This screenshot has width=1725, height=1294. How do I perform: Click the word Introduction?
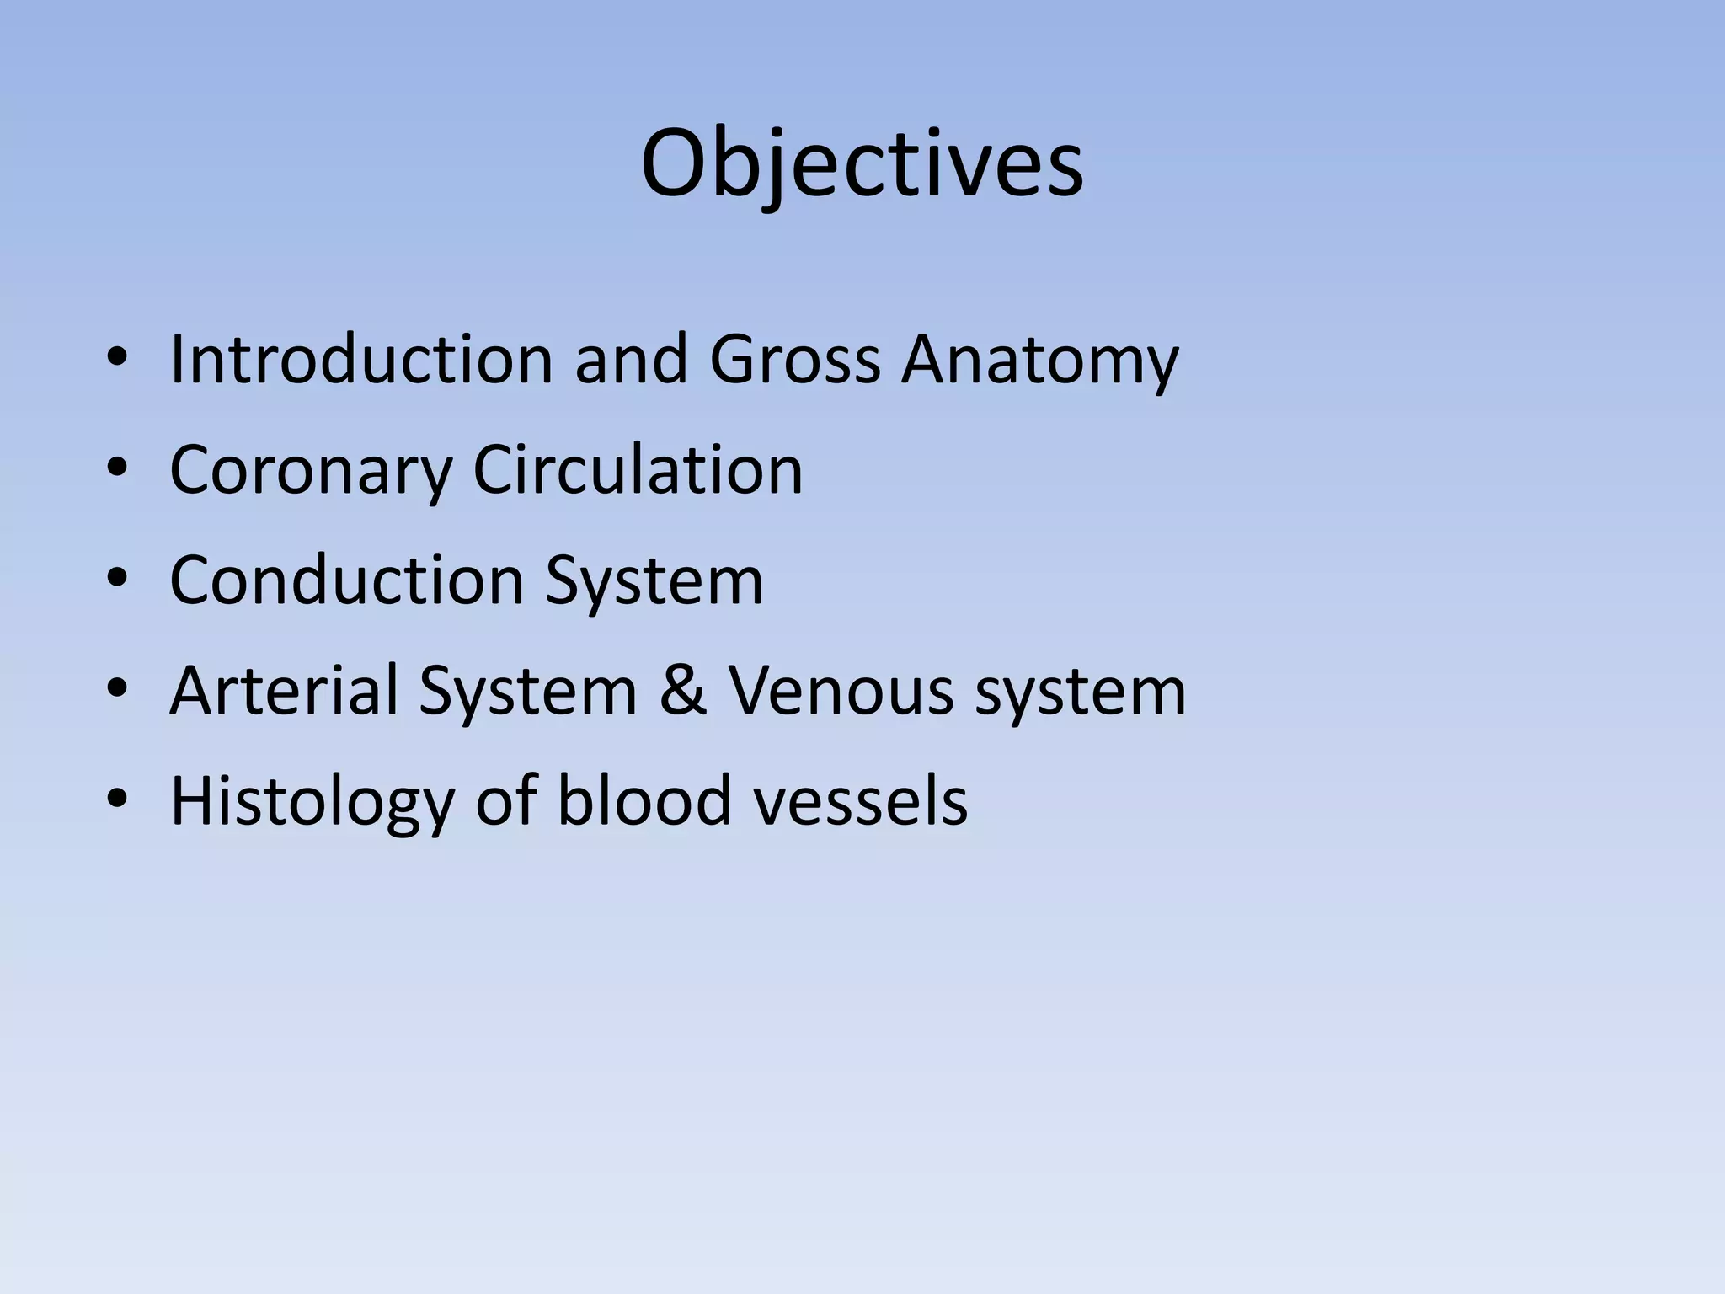tap(361, 360)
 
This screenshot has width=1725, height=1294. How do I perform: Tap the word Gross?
tap(794, 360)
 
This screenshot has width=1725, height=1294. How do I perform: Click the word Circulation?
tap(638, 469)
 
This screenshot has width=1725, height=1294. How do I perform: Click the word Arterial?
tap(285, 690)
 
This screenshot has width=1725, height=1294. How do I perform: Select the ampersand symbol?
tap(682, 691)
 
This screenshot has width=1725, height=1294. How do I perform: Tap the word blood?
tap(644, 800)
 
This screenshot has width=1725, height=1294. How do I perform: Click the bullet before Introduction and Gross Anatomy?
tap(117, 360)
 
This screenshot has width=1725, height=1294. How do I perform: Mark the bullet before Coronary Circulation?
tap(117, 470)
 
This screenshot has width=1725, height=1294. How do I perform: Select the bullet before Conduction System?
tap(117, 580)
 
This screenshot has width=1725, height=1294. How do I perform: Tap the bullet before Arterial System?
tap(117, 691)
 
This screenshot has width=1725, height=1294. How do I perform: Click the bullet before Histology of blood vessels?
tap(117, 800)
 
